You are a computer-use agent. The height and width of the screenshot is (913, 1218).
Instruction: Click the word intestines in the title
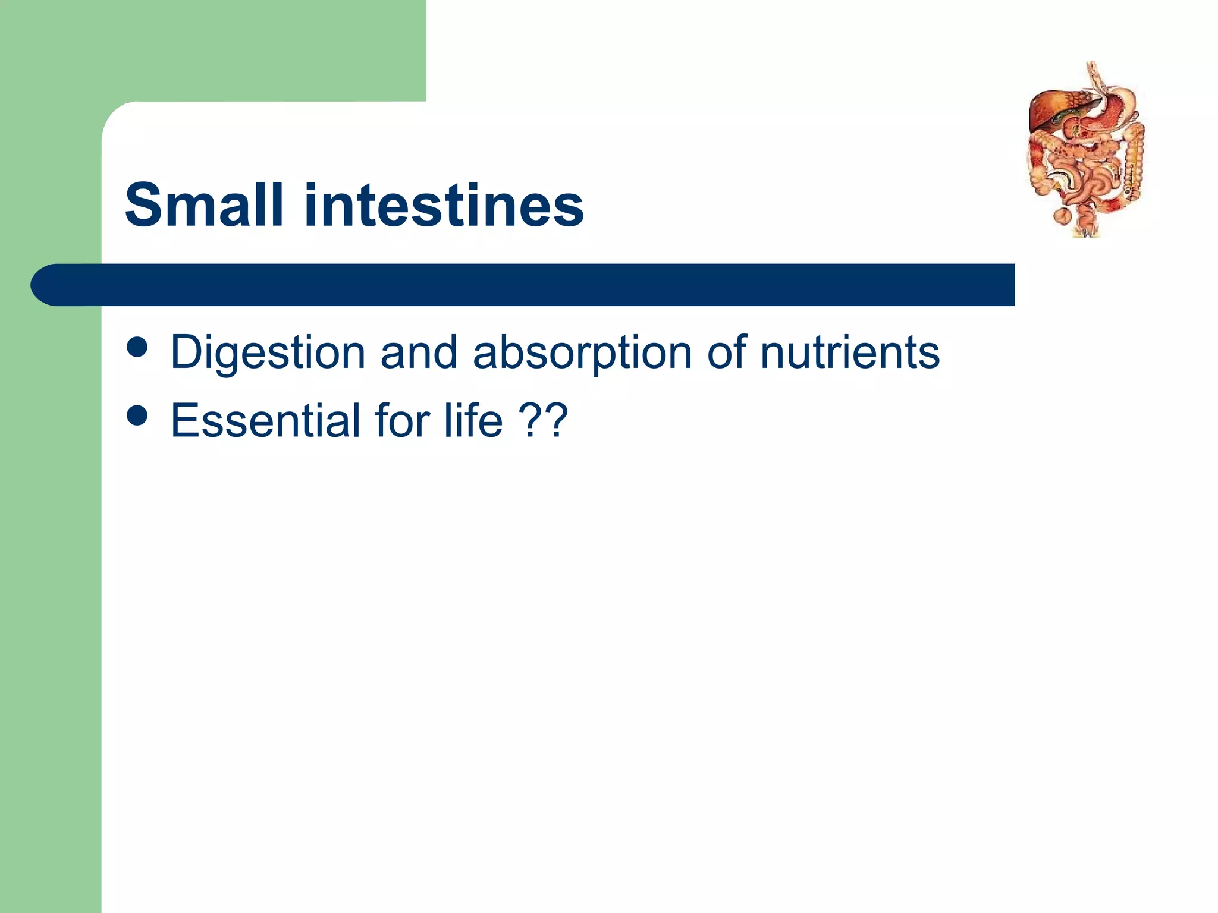pos(444,206)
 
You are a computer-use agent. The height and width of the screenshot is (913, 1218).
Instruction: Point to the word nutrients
pos(850,352)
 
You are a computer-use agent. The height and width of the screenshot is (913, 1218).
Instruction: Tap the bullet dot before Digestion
pos(137,348)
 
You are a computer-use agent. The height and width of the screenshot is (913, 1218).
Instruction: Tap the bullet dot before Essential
pos(137,415)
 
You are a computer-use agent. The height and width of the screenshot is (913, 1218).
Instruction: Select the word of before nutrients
pos(727,352)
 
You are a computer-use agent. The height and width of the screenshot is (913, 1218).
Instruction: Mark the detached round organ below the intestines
pos(1062,215)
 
